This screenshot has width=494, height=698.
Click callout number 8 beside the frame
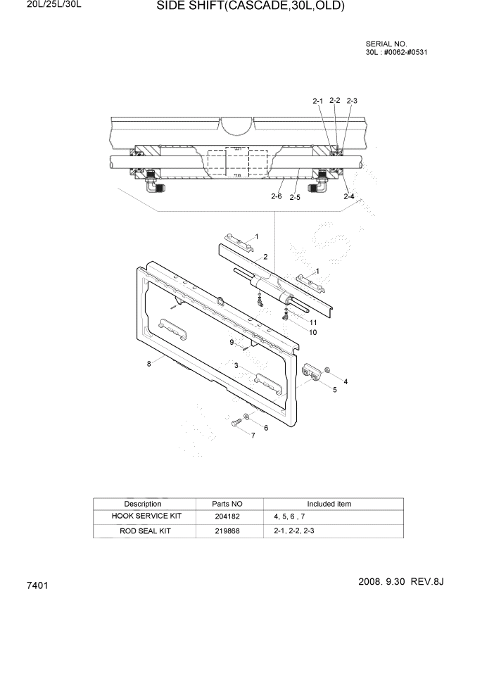tap(148, 364)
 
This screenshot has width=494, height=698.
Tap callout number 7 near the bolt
tap(253, 436)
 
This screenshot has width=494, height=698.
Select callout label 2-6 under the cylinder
tap(277, 196)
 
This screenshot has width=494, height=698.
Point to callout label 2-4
tap(348, 196)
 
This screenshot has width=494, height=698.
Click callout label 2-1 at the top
tap(317, 101)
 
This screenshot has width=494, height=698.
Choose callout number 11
tap(312, 322)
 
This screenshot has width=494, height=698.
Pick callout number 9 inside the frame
tap(231, 342)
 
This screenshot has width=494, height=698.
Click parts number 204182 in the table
tap(227, 516)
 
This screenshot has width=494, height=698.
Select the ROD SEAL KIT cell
tap(142, 531)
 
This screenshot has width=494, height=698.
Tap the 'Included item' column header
tap(329, 504)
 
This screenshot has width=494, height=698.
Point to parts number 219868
tap(227, 531)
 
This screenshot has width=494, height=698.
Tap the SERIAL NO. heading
tap(386, 44)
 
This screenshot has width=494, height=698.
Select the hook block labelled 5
tap(311, 372)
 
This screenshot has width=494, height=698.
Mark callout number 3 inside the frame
tap(237, 365)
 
